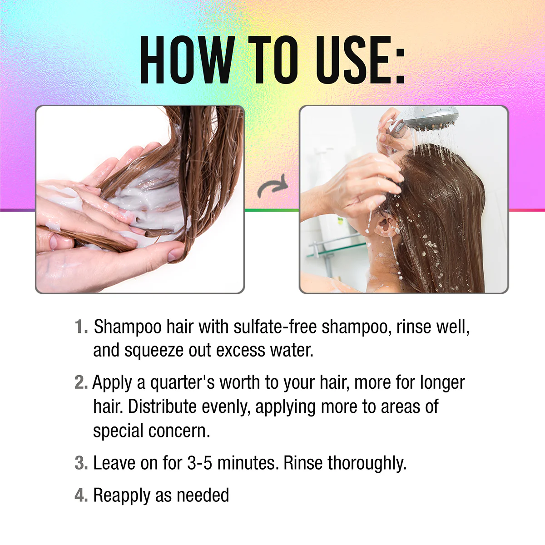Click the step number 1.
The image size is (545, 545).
point(81,327)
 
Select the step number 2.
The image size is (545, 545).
point(81,383)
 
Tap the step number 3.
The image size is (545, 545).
point(81,463)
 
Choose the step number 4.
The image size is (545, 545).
point(81,495)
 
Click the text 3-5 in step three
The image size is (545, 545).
point(199,463)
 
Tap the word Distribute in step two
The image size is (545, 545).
point(162,406)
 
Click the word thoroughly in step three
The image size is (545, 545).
point(367,464)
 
